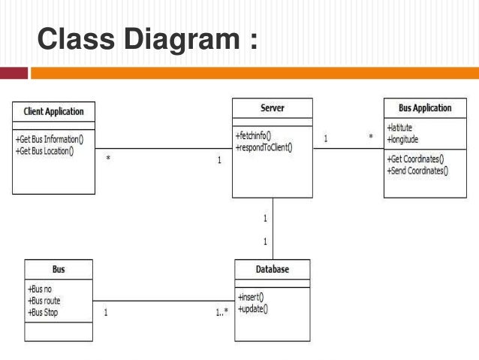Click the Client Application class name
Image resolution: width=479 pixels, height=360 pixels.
tap(53, 111)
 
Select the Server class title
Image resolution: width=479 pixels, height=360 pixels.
tap(272, 108)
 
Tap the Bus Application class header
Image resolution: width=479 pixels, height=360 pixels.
tap(424, 108)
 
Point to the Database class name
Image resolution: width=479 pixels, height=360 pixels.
tap(272, 269)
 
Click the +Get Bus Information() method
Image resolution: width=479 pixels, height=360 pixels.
tap(50, 139)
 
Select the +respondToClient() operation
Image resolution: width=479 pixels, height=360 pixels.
tap(264, 147)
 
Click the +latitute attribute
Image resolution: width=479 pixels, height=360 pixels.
tap(399, 128)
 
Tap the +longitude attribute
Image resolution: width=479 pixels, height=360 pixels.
tap(402, 139)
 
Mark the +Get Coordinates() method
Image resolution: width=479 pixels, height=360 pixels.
tap(415, 159)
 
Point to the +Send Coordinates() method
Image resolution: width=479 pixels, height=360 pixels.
tap(417, 171)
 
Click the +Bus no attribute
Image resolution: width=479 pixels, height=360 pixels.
tap(40, 289)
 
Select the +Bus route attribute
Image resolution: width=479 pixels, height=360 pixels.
tap(44, 301)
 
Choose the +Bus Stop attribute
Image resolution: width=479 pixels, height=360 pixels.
tap(43, 312)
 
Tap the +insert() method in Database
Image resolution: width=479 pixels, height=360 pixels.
tap(250, 297)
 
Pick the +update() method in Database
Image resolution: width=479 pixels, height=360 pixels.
tap(252, 309)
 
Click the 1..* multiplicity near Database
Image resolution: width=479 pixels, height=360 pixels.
tap(221, 312)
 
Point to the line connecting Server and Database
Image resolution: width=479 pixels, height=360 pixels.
tap(273, 228)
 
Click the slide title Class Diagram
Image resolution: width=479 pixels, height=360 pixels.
tap(147, 39)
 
